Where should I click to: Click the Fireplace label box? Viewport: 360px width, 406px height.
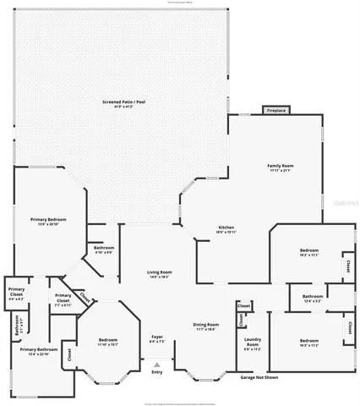[x=275, y=111]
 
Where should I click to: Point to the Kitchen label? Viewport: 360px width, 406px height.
[x=227, y=229]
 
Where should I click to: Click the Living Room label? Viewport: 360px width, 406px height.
[x=154, y=274]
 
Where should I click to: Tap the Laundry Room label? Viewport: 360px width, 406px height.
[x=252, y=343]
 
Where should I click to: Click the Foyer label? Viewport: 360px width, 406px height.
[x=157, y=339]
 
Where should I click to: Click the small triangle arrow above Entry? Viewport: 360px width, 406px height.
[x=156, y=365]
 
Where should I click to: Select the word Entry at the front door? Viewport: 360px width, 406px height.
[x=156, y=372]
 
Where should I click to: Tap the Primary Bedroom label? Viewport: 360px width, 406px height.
[x=48, y=221]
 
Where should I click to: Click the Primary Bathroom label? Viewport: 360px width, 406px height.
[x=39, y=350]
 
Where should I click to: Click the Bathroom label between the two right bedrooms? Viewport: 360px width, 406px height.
[x=313, y=298]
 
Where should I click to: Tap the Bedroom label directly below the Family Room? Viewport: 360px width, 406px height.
[x=309, y=252]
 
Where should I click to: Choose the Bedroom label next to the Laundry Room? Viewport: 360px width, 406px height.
[x=309, y=343]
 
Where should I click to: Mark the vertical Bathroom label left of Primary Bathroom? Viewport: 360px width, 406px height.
[x=18, y=326]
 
